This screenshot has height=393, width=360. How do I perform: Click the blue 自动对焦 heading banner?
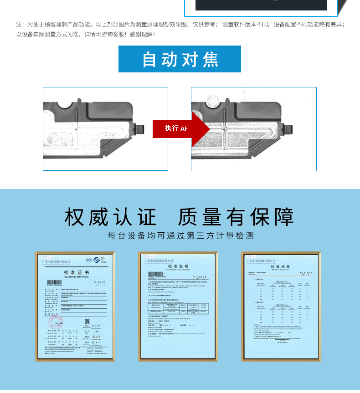coord(180,59)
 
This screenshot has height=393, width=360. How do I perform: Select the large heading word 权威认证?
coord(110,217)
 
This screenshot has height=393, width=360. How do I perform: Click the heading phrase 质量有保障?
coord(236,217)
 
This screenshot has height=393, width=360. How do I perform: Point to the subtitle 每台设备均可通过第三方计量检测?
coord(180,236)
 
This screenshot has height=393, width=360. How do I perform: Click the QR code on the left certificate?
coord(87,322)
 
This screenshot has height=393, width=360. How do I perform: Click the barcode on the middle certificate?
coord(155,274)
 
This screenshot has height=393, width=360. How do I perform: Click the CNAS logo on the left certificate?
coord(100,260)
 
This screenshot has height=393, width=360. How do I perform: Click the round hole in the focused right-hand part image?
coord(212,100)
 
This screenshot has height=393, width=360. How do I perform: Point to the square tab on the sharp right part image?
coord(289,130)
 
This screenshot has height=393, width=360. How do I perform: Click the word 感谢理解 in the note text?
coord(142,34)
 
